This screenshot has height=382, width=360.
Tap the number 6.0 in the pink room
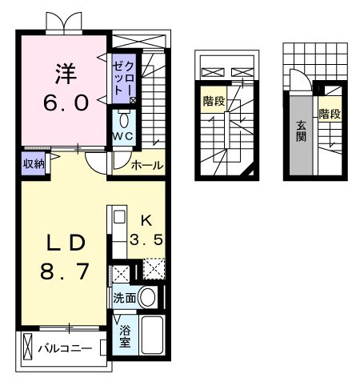tap(63, 103)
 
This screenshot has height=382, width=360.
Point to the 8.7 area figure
tap(64, 272)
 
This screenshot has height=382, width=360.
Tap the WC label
tap(124, 137)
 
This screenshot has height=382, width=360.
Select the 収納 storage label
tap(33, 164)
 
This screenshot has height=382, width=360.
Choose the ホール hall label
tap(147, 166)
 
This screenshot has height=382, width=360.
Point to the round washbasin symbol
tap(148, 298)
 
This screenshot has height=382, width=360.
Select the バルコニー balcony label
tap(63, 349)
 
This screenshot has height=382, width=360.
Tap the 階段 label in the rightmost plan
tap(330, 114)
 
